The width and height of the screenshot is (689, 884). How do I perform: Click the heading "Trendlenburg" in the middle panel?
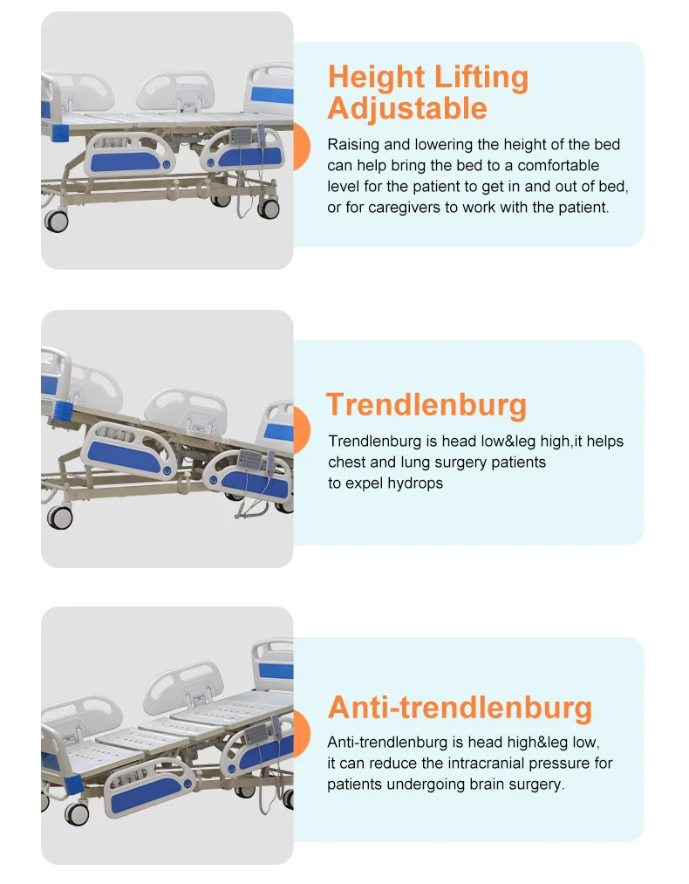point(426,406)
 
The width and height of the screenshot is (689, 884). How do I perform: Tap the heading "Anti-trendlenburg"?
point(460,707)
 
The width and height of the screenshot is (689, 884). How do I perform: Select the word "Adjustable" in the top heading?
point(406,109)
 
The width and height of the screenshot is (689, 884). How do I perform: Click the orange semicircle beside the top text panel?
point(301,145)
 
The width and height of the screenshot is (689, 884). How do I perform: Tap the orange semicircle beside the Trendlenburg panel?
point(301,430)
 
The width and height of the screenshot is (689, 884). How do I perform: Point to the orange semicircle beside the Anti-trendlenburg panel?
point(301,732)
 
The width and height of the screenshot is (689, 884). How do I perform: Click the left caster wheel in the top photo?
point(57,220)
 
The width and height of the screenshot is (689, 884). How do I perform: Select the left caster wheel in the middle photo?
point(60,517)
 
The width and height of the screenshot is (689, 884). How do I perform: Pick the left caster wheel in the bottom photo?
point(75,814)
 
